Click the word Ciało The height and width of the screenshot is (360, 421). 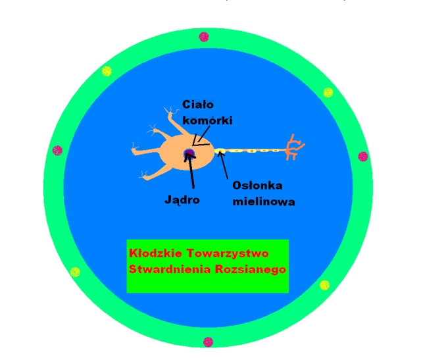click(x=198, y=105)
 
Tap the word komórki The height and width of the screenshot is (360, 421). click(x=208, y=120)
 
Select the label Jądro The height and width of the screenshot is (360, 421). click(x=182, y=200)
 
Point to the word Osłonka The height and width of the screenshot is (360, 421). click(x=257, y=186)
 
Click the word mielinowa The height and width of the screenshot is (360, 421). click(x=264, y=201)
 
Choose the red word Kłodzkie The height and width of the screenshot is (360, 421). click(x=156, y=253)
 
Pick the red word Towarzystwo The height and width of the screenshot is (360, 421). click(x=228, y=254)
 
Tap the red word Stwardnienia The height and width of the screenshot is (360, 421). click(x=170, y=269)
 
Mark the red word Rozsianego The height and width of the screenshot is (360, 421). click(x=251, y=270)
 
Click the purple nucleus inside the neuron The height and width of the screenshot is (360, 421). click(x=189, y=153)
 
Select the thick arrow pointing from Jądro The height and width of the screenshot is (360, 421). click(x=190, y=170)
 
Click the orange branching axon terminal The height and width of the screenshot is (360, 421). click(x=293, y=148)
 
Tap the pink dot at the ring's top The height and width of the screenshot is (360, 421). click(x=204, y=37)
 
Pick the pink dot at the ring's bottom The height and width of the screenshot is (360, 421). click(x=208, y=342)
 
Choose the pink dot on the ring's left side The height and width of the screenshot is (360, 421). click(x=57, y=151)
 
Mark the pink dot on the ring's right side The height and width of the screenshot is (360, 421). click(x=363, y=157)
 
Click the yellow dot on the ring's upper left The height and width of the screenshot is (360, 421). click(x=107, y=71)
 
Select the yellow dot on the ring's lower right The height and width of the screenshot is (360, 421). click(x=325, y=285)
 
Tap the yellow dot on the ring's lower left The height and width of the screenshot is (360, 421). click(x=75, y=272)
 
